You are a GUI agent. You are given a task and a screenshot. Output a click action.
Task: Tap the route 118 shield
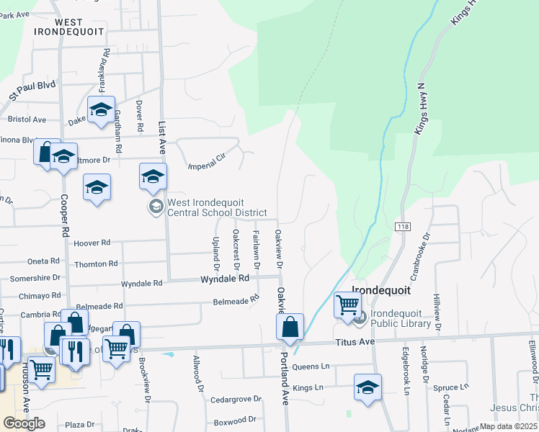[x=401, y=226]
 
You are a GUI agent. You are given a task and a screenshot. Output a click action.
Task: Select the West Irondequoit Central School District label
[x=216, y=208]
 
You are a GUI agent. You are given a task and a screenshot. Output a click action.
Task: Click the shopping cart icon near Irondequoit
[x=347, y=305]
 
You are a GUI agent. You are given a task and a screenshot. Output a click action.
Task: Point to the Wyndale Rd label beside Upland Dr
[x=224, y=278]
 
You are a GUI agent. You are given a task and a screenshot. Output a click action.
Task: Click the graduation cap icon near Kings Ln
[x=367, y=387]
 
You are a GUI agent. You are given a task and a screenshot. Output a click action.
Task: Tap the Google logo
[x=24, y=423]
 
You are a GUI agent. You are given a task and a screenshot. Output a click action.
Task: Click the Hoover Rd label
[x=92, y=243]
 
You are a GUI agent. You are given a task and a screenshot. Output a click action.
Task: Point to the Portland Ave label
[x=284, y=378]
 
